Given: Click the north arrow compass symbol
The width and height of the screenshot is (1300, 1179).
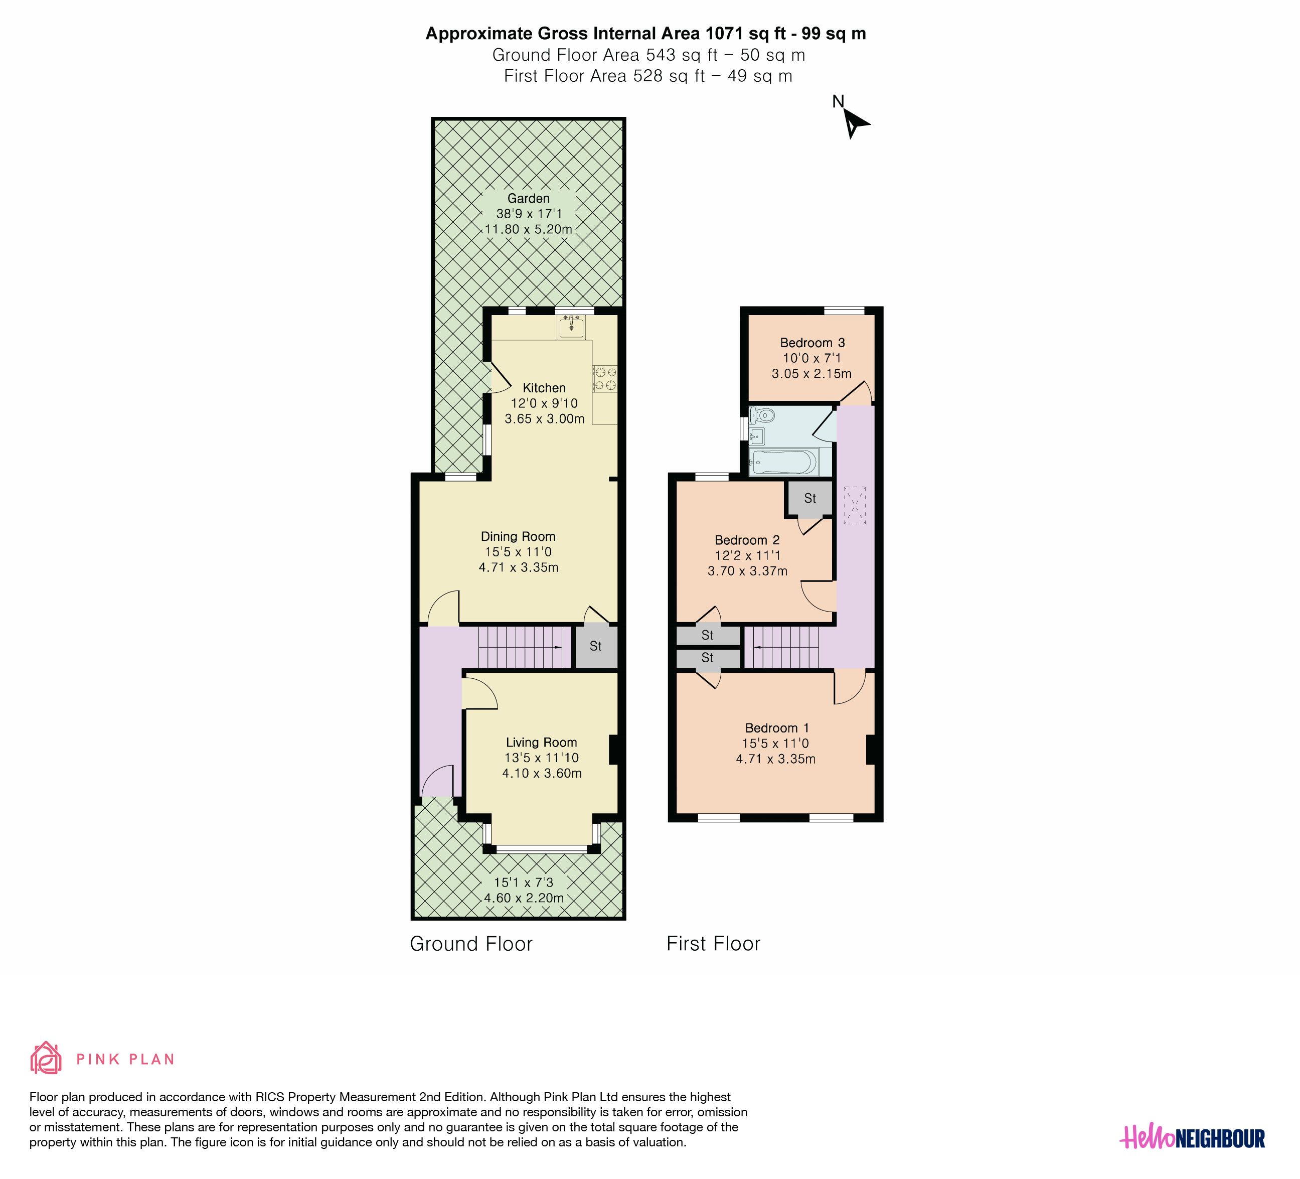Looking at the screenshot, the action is click(855, 122).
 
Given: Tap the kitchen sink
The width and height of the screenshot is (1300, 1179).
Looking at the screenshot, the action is click(571, 328).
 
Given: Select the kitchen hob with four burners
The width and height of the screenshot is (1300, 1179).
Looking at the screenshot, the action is click(605, 379).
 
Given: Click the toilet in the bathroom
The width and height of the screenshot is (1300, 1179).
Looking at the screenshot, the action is click(762, 415).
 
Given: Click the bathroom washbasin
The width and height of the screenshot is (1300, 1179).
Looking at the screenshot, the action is click(757, 436).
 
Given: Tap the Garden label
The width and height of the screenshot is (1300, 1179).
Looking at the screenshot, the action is click(528, 199).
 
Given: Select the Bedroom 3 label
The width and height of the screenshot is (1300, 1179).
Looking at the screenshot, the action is click(812, 343).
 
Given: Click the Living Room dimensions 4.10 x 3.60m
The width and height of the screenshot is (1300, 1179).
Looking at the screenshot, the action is click(542, 773).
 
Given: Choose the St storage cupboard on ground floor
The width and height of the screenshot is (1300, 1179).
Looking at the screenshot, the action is click(596, 646).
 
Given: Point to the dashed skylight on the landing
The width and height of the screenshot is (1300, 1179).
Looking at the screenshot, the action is click(855, 505).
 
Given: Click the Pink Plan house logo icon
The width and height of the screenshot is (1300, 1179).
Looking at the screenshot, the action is click(46, 1058).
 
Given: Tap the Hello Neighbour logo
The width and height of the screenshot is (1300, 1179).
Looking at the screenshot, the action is click(1192, 1138).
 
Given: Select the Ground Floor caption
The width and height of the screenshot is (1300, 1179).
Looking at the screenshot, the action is click(471, 944).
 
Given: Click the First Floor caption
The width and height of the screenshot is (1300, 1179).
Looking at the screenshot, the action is click(713, 944).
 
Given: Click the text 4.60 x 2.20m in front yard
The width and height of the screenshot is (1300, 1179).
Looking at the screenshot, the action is click(524, 898).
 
